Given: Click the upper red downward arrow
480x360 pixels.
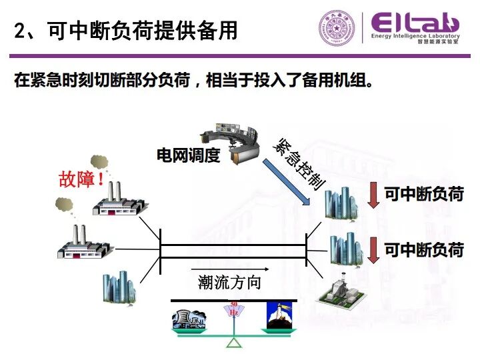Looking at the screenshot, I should (x=373, y=195).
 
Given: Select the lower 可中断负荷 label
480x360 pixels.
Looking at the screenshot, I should (x=424, y=249).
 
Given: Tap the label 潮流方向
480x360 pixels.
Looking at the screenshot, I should (x=229, y=282).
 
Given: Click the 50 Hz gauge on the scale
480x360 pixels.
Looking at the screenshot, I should (x=234, y=311).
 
